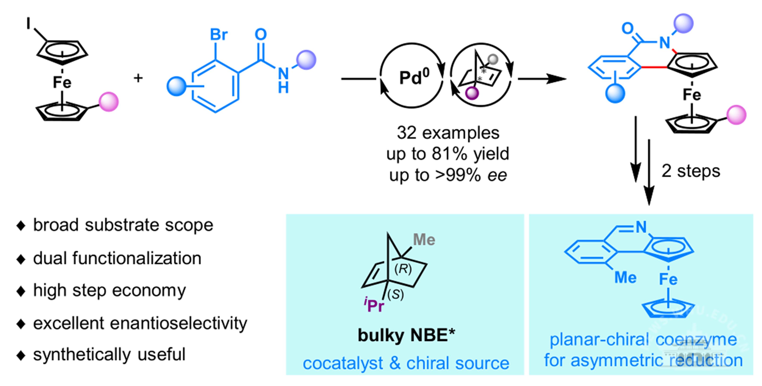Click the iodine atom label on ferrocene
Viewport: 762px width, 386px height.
[28, 23]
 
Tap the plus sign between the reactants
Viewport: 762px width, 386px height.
[138, 78]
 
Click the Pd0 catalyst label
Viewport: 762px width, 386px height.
[414, 78]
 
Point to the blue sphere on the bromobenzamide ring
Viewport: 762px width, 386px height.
[176, 87]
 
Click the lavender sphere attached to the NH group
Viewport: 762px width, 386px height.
[306, 60]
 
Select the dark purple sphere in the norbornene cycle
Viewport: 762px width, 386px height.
[472, 93]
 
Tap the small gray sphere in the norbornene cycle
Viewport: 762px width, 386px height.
[493, 59]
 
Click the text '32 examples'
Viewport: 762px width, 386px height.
[448, 133]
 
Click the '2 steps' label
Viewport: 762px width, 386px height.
[690, 171]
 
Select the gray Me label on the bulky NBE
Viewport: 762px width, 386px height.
[424, 239]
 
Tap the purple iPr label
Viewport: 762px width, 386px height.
[374, 305]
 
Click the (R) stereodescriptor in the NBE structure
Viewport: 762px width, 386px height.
[403, 269]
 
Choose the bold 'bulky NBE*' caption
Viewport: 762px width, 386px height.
[406, 335]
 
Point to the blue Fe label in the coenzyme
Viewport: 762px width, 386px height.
[668, 279]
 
